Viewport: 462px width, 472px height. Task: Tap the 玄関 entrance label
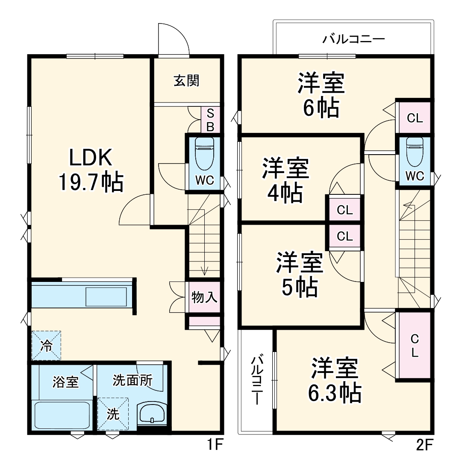pos(186,81)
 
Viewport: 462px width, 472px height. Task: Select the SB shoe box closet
pos(210,120)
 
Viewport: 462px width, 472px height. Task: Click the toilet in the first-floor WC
pos(204,154)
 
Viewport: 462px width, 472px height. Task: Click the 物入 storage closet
pos(204,297)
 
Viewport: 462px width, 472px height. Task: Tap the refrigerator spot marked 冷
pos(46,346)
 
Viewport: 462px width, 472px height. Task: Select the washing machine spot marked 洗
pos(113,413)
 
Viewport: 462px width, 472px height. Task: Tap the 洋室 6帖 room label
pos(321,95)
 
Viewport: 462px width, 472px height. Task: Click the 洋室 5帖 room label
pos(299,274)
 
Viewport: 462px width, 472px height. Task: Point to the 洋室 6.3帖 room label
pos(335,380)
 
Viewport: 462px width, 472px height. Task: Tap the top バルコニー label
pos(353,40)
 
